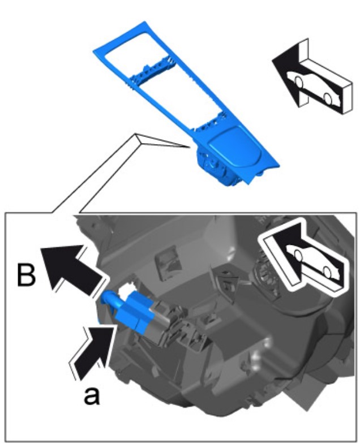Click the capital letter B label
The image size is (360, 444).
(x=27, y=274)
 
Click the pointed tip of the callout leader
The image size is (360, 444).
(x=190, y=147)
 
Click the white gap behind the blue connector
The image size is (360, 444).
(x=125, y=291)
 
